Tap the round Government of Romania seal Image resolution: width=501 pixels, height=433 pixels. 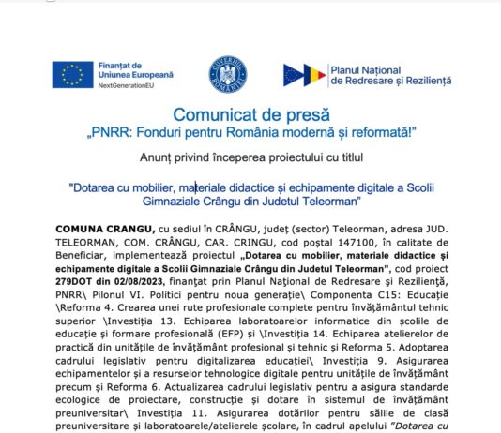click(x=227, y=74)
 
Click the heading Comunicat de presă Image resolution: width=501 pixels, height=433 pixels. click(x=251, y=114)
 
